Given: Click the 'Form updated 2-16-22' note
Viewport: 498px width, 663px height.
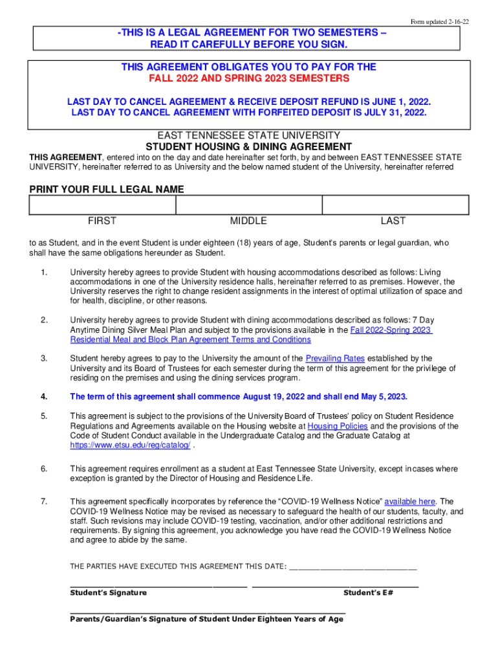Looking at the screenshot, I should pyautogui.click(x=440, y=22).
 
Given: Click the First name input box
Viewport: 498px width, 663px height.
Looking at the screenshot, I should pyautogui.click(x=103, y=205).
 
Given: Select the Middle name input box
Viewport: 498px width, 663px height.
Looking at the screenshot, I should pyautogui.click(x=249, y=205).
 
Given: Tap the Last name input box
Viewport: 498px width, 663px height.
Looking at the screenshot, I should pyautogui.click(x=395, y=205).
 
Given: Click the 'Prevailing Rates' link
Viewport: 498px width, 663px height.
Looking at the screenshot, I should pyautogui.click(x=335, y=359).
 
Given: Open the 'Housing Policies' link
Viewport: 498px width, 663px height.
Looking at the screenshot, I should pyautogui.click(x=338, y=426).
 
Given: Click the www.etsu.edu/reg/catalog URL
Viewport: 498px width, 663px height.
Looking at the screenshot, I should pyautogui.click(x=130, y=445).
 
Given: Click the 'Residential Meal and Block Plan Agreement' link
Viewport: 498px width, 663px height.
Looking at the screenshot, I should pyautogui.click(x=190, y=339).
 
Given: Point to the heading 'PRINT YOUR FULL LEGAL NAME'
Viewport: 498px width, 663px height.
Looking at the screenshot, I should pyautogui.click(x=107, y=189).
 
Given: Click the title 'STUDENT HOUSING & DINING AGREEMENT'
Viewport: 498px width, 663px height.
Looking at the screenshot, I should pyautogui.click(x=249, y=146).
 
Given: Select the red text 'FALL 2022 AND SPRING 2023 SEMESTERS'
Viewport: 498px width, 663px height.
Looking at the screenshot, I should pyautogui.click(x=249, y=78).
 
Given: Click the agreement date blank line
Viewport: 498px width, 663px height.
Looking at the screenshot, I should pyautogui.click(x=353, y=567).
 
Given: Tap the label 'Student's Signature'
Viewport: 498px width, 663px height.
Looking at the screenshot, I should pyautogui.click(x=108, y=592).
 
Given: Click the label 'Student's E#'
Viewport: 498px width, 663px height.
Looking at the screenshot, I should pyautogui.click(x=368, y=592).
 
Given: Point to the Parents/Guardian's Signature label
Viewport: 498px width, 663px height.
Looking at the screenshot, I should pyautogui.click(x=206, y=619).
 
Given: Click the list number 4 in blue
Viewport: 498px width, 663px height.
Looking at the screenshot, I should pyautogui.click(x=43, y=396).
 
